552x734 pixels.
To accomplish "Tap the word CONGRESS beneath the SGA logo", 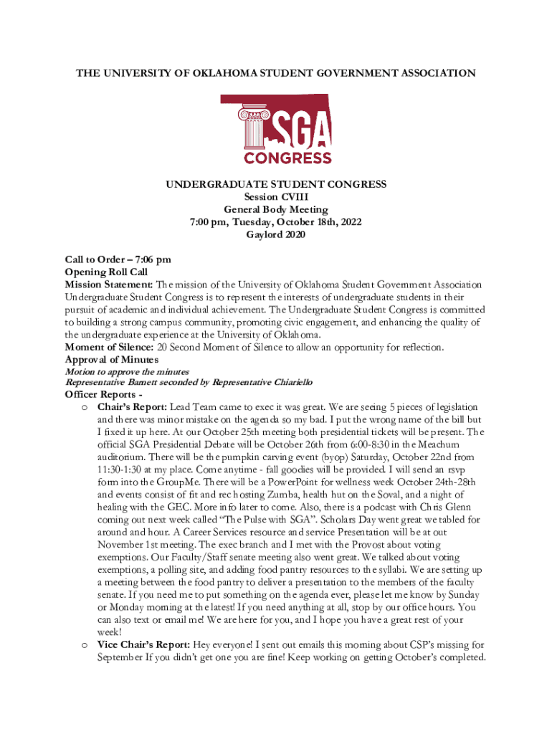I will (287, 157).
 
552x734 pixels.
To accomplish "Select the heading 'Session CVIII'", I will (276, 197).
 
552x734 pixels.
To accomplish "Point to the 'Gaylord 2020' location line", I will (276, 236).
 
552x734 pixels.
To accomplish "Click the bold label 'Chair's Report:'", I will (132, 406).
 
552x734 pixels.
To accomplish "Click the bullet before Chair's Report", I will (84, 407).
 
